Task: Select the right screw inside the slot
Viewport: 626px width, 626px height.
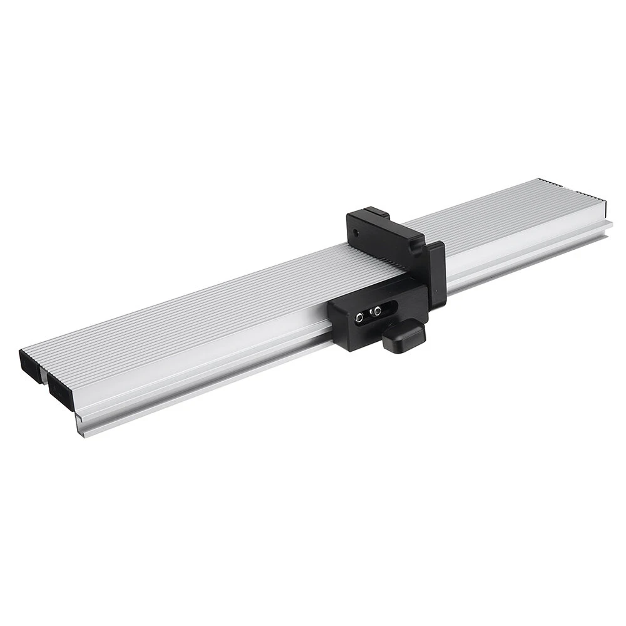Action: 376,310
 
